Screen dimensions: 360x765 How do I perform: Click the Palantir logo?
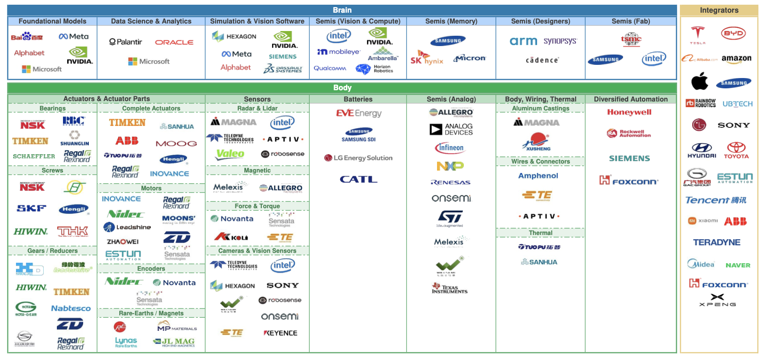[x=125, y=42]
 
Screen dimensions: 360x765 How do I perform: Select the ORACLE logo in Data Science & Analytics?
[x=174, y=42]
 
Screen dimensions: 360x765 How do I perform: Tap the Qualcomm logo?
[x=330, y=69]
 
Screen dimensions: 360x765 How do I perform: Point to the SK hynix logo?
[x=426, y=58]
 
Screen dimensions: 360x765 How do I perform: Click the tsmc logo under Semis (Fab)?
[x=631, y=39]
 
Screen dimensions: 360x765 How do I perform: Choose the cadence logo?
[x=542, y=60]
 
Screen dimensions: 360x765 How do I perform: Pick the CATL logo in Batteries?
[x=359, y=179]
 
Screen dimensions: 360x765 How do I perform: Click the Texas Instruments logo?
[x=450, y=288]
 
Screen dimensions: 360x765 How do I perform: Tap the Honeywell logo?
[x=629, y=112]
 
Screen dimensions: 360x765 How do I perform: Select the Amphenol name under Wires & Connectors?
[x=538, y=176]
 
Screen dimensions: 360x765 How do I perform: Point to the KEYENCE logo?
[x=281, y=333]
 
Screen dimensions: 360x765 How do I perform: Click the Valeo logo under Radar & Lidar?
[x=230, y=154]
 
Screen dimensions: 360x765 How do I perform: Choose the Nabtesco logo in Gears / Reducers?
[x=71, y=308]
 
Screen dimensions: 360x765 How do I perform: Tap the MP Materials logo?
[x=177, y=326]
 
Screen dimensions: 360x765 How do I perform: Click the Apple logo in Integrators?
[x=700, y=81]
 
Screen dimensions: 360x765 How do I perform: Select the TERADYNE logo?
[x=717, y=243]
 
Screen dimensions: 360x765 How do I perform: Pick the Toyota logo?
[x=736, y=150]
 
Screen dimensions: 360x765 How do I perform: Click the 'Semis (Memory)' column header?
[x=451, y=21]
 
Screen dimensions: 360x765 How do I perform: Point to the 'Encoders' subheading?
[x=151, y=269]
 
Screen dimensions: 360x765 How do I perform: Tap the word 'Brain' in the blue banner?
[x=342, y=10]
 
